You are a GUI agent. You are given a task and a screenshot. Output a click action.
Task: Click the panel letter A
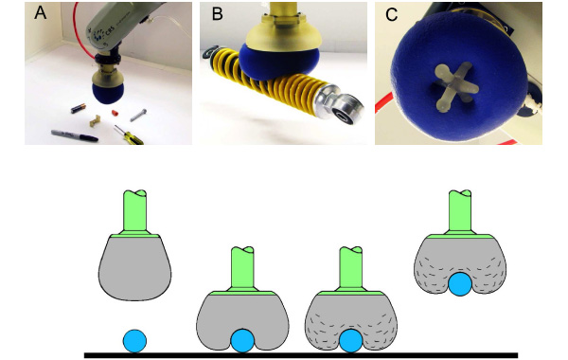(x=40, y=13)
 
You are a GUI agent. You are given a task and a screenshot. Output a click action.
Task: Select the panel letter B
(x=217, y=14)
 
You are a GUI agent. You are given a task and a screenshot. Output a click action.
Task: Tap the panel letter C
(x=391, y=14)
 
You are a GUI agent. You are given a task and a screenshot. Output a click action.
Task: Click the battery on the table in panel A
(x=78, y=108)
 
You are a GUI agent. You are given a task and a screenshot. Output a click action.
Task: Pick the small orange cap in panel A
(x=115, y=113)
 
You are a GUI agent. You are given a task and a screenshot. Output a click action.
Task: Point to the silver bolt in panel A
(x=138, y=116)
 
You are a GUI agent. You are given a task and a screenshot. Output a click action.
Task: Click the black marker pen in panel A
(x=74, y=135)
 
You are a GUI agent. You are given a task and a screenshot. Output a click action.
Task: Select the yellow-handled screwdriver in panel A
(x=128, y=135)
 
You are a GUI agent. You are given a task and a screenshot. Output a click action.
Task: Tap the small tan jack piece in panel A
(x=95, y=120)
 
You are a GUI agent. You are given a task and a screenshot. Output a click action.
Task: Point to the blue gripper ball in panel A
(x=106, y=94)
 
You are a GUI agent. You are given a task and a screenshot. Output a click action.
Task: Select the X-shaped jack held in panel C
(x=454, y=87)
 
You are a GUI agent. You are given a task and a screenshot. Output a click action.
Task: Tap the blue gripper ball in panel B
(x=279, y=63)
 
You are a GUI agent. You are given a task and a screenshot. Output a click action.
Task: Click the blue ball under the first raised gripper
(x=134, y=341)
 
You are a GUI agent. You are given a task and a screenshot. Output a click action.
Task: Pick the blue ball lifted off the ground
(x=460, y=284)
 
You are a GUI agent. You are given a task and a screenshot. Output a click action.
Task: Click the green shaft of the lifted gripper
(x=460, y=211)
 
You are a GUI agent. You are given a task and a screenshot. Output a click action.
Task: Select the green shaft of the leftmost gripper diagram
(x=134, y=211)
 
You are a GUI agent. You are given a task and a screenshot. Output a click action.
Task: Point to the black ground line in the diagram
(x=301, y=355)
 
